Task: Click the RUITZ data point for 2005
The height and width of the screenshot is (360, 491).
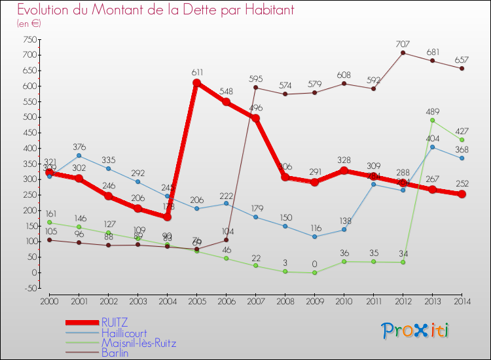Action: coord(196,83)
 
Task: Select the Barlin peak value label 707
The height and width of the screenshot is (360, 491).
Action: coord(403,44)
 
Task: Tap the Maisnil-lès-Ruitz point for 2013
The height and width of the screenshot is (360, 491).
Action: coord(433,120)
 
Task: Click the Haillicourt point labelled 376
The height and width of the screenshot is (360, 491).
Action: coord(79,155)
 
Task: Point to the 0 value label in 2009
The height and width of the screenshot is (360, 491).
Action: coord(314,264)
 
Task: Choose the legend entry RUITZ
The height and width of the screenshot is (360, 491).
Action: coord(115,322)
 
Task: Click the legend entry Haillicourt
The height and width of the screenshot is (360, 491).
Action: coord(128,333)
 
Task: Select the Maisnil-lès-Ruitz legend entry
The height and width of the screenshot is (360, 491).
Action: coord(138,343)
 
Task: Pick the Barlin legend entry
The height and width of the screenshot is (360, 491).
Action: coord(115,353)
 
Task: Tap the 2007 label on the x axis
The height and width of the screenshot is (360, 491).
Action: coord(255,300)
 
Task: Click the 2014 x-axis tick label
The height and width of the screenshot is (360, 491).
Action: coord(462,300)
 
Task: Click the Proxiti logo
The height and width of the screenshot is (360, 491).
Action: coord(416,331)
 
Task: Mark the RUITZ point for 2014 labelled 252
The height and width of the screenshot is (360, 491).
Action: coord(462,194)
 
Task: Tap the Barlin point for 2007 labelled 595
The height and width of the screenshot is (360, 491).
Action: coord(255,88)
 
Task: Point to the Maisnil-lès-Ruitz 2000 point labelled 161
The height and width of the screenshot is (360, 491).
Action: coord(49,223)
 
